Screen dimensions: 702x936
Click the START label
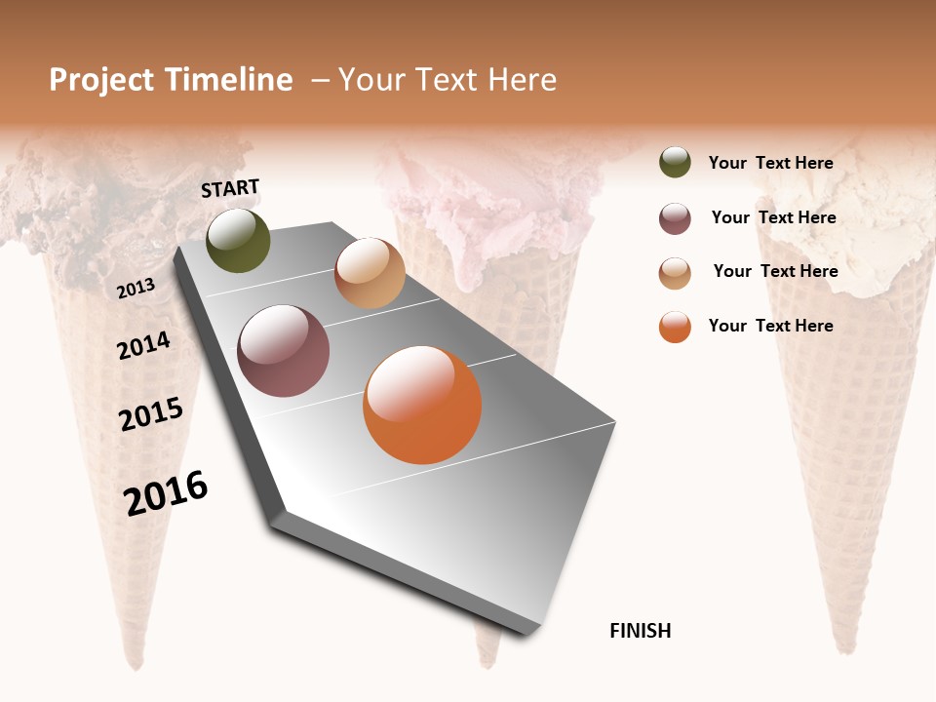[x=230, y=188]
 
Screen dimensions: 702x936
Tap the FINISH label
[x=640, y=631]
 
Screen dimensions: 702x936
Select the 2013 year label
[x=136, y=289]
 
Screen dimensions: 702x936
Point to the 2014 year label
[x=143, y=345]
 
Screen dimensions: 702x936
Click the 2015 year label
[x=151, y=414]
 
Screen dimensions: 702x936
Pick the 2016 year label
[x=166, y=493]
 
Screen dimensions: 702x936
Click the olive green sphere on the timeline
[x=239, y=241]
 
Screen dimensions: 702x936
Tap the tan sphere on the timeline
[x=370, y=273]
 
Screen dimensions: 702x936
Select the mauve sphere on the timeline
[x=284, y=351]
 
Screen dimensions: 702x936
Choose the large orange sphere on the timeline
[x=422, y=405]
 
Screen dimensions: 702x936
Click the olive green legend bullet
[x=675, y=163]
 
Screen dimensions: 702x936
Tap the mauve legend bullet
[x=675, y=218]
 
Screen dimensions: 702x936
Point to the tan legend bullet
[x=675, y=273]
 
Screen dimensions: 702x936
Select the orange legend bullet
[x=675, y=327]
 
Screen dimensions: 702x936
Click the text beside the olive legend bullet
[x=770, y=163]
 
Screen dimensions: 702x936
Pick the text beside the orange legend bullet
[x=770, y=326]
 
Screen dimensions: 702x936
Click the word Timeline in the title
[x=229, y=80]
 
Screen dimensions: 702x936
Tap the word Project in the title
[x=101, y=80]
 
